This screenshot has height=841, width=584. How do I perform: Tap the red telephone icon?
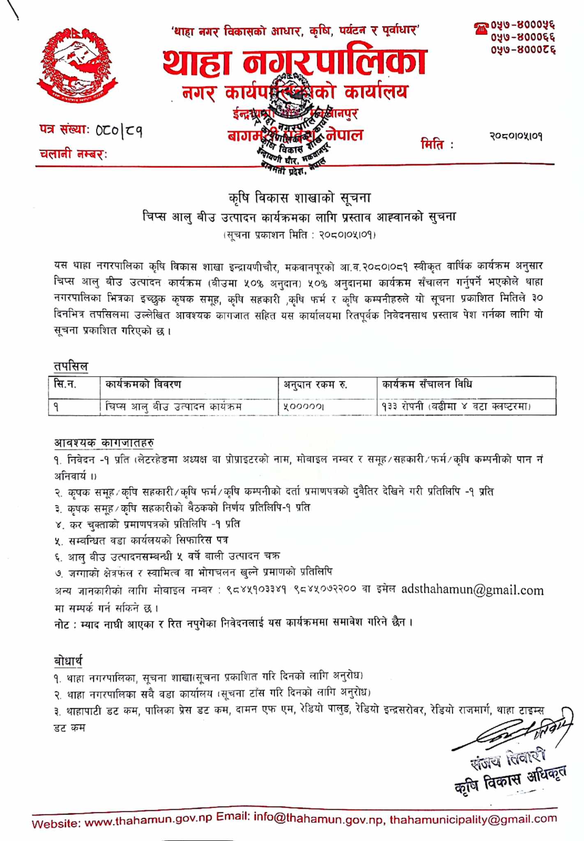click(x=481, y=28)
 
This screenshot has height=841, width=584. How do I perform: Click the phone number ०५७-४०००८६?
click(x=523, y=50)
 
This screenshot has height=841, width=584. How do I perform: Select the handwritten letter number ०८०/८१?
click(x=119, y=131)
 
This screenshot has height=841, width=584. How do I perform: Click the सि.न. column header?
click(x=65, y=385)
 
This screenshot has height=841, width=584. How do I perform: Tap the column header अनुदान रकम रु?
click(x=315, y=385)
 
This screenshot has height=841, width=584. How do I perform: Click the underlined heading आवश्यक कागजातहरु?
click(x=104, y=443)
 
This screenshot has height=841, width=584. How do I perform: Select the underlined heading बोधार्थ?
click(x=68, y=661)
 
